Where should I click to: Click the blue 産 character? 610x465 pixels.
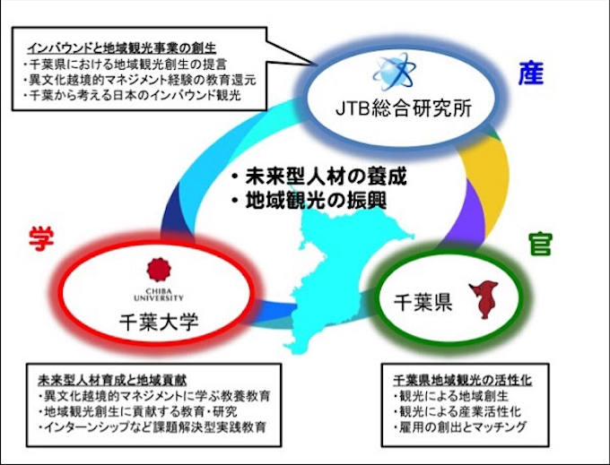(531, 73)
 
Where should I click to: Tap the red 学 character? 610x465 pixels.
(41, 239)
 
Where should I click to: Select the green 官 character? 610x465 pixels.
(540, 245)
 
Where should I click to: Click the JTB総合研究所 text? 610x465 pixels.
(404, 108)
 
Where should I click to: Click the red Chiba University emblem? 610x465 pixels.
(159, 270)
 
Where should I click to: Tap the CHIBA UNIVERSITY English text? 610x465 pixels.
(159, 295)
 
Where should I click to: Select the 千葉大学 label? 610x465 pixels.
(159, 322)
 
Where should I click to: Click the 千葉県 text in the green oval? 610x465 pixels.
(423, 302)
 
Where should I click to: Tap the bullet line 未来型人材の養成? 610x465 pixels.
(319, 177)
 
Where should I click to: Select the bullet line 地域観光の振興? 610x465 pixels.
(309, 202)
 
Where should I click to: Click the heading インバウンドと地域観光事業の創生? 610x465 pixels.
(121, 48)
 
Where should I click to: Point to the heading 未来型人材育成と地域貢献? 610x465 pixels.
(112, 380)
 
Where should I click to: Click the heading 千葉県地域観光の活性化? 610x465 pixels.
(463, 380)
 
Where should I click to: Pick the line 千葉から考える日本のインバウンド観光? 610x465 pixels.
(132, 95)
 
